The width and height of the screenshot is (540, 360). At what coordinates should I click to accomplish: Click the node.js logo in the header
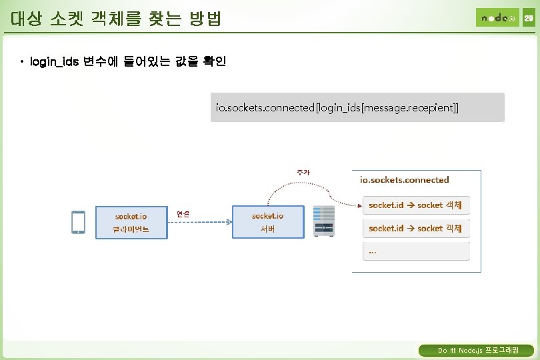(x=497, y=17)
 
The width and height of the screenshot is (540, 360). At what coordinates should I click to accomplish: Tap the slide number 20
(x=528, y=17)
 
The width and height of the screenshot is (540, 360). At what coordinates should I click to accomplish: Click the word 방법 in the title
(x=205, y=19)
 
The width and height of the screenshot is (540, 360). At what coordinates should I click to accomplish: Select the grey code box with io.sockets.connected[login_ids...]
(x=357, y=107)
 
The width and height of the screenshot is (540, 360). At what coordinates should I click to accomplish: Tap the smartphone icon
(x=79, y=222)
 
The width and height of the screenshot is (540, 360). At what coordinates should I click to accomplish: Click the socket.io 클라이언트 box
(x=131, y=222)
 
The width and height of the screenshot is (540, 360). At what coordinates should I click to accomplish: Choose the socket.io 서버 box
(x=267, y=222)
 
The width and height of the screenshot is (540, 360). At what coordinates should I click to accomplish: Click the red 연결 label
(x=183, y=214)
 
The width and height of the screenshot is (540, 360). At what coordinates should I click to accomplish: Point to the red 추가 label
(x=303, y=171)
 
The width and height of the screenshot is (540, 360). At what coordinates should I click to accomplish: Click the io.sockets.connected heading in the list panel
(x=404, y=179)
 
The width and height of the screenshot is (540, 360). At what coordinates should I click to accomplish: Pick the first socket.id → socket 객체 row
(x=416, y=205)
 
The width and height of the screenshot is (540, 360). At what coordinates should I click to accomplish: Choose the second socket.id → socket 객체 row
(x=416, y=228)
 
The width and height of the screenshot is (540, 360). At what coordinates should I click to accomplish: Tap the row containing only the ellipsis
(x=416, y=251)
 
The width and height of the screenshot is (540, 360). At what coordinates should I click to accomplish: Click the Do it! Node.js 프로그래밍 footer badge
(x=476, y=351)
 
